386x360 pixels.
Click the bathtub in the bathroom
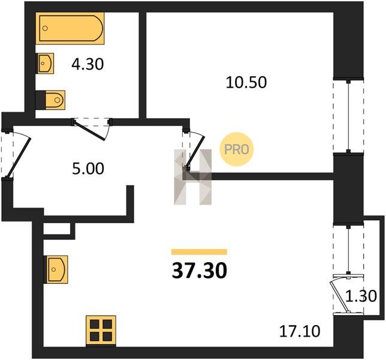click(x=70, y=28)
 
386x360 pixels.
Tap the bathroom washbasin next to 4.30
click(x=45, y=64)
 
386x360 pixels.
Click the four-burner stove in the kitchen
click(x=101, y=330)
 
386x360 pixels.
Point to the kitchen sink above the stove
click(x=56, y=269)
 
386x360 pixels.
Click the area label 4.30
click(x=88, y=64)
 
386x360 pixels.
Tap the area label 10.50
click(x=246, y=82)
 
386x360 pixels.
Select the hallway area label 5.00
click(x=88, y=169)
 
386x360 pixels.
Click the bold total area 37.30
click(x=199, y=271)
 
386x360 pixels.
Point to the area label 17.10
click(x=300, y=331)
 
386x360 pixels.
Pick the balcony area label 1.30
click(x=361, y=296)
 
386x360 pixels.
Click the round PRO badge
click(x=236, y=149)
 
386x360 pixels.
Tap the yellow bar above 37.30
click(x=199, y=251)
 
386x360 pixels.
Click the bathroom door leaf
click(x=90, y=131)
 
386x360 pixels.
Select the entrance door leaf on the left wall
click(x=19, y=157)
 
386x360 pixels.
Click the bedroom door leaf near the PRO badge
click(x=196, y=151)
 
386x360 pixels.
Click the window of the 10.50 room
click(x=348, y=115)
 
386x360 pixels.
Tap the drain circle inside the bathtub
click(x=45, y=28)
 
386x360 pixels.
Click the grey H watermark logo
click(x=193, y=177)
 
